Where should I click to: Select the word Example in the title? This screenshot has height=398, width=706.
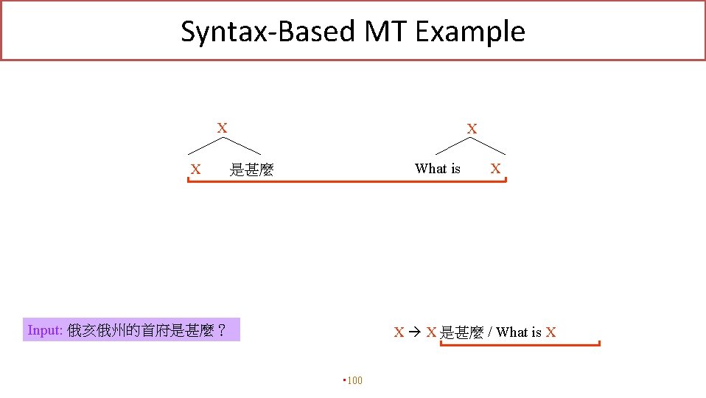pos(469,32)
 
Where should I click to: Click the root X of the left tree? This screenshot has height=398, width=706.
pos(221,128)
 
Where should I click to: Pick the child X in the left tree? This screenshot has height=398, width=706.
pos(195,170)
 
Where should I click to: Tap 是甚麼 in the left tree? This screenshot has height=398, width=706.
pos(251,170)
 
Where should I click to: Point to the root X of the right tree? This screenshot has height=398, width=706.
pos(472,129)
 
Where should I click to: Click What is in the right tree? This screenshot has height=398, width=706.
pos(438,169)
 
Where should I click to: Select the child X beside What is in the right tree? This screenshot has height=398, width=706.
pos(495,169)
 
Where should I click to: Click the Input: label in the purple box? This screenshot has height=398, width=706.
pos(45,330)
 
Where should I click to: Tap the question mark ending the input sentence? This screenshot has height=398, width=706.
pos(221,330)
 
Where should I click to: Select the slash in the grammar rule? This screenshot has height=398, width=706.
pos(489,332)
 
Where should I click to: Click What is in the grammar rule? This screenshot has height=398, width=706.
pos(519,332)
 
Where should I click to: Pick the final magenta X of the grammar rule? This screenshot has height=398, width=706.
pos(551,332)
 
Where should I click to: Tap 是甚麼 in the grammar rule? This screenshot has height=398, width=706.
pos(461,332)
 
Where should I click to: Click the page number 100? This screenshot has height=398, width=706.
pos(354,380)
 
